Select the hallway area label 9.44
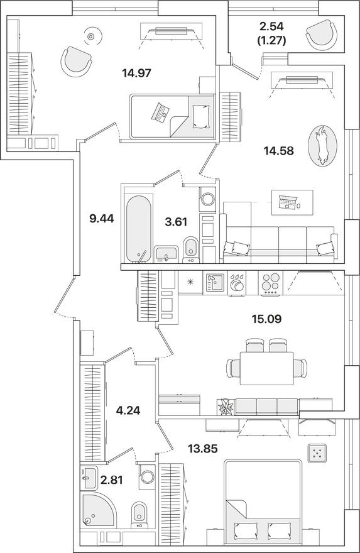point(101,219)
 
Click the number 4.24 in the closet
point(128,411)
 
